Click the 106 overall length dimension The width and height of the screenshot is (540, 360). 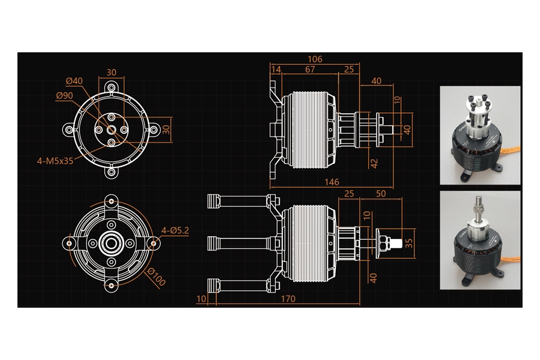[x=315, y=59]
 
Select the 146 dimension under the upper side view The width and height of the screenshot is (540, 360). [x=332, y=182]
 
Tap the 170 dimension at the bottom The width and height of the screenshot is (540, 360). [x=288, y=299]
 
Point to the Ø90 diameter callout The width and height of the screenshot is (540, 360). [x=64, y=96]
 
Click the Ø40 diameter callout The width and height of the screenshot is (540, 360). [x=74, y=81]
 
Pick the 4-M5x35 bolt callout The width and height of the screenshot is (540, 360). [x=55, y=161]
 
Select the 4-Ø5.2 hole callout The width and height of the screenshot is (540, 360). [x=175, y=231]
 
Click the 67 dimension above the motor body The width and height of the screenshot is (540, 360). [x=310, y=69]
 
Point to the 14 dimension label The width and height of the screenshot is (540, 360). [x=276, y=69]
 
